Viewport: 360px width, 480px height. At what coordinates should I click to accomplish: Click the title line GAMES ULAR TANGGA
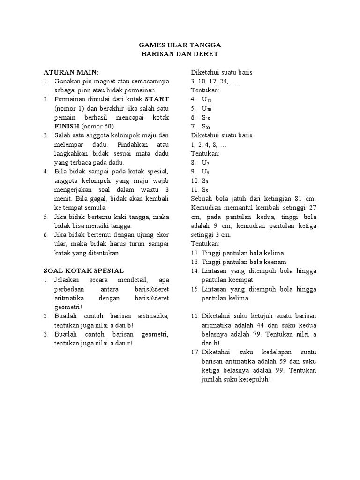click(180, 45)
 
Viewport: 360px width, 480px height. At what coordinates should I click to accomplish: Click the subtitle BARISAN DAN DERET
click(180, 54)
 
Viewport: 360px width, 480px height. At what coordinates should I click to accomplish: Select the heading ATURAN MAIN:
click(71, 72)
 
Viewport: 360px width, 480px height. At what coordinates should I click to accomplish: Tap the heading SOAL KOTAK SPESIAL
click(83, 270)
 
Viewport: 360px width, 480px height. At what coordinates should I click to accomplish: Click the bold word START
click(157, 99)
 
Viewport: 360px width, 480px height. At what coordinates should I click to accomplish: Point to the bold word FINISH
click(67, 127)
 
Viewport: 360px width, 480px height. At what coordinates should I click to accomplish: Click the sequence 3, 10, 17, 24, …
click(214, 81)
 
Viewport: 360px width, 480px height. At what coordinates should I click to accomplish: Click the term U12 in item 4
click(207, 99)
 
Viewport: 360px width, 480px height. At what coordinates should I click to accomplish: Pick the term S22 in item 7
click(206, 127)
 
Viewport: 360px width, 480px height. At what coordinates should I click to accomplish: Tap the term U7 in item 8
click(206, 162)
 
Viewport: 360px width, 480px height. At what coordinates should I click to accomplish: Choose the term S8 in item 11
click(205, 189)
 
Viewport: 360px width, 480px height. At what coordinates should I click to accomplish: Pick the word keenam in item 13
click(275, 262)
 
